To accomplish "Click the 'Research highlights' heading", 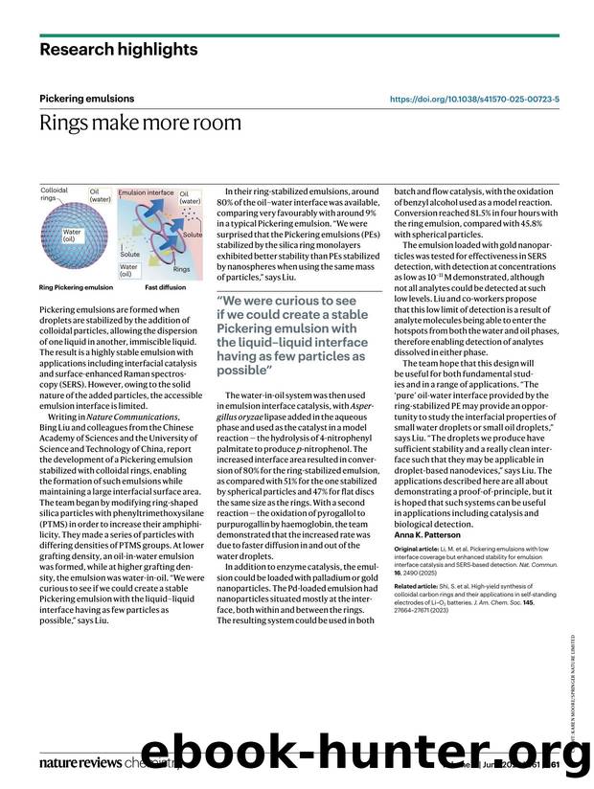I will pyautogui.click(x=119, y=49).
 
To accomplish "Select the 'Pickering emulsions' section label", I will pyautogui.click(x=86, y=99).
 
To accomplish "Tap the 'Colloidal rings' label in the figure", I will pyautogui.click(x=54, y=194).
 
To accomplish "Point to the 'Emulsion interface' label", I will pyautogui.click(x=146, y=192).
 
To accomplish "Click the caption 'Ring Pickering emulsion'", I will pyautogui.click(x=76, y=287).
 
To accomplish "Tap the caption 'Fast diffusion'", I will pyautogui.click(x=165, y=287).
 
